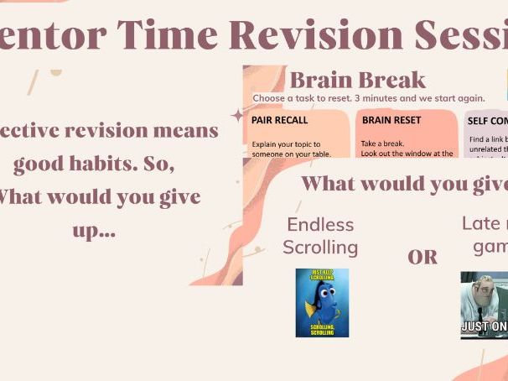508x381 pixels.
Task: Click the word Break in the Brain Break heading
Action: [x=392, y=81]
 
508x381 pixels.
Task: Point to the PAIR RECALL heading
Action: [x=280, y=120]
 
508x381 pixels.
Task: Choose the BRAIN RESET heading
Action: [x=391, y=120]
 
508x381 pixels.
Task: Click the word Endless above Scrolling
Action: [x=320, y=225]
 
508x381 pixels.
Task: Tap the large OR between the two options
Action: [x=422, y=257]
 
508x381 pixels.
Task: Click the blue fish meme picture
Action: [x=322, y=303]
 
